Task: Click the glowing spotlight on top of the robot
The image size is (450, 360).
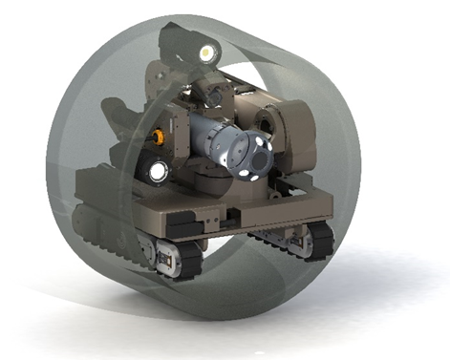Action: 205,51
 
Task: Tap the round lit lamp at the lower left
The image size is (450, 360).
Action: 157,172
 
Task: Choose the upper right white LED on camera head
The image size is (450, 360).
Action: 263,143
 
